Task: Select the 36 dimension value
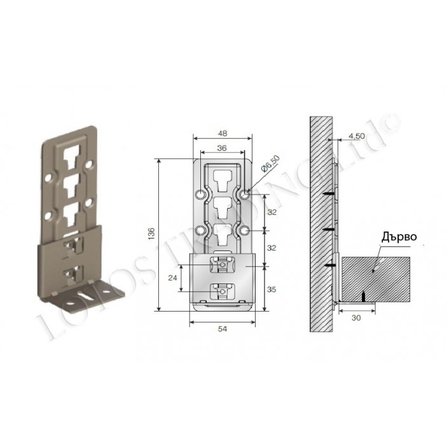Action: click(x=222, y=147)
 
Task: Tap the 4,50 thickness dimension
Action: click(x=356, y=135)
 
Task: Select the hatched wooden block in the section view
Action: click(x=375, y=278)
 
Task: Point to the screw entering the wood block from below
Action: click(x=363, y=296)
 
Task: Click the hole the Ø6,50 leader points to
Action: click(x=245, y=193)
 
